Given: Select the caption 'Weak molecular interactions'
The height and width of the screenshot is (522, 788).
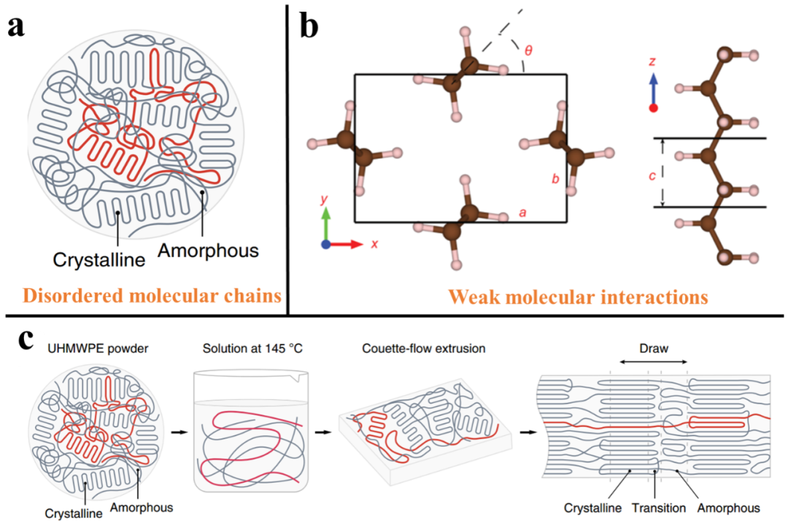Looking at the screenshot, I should pyautogui.click(x=577, y=297).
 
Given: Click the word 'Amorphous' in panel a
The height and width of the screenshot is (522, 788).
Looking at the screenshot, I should pyautogui.click(x=208, y=250).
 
